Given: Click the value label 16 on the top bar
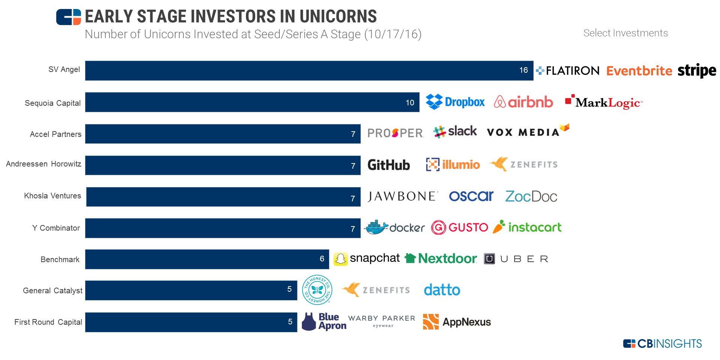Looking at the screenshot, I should pos(523,70).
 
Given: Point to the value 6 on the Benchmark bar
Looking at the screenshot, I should pos(322,259).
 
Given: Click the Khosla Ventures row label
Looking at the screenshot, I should pos(52,196).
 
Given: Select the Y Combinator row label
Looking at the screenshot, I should pos(56,228).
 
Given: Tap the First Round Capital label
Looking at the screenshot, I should pos(48,322).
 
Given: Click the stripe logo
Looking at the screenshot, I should pos(697,70).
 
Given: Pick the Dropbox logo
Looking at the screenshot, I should pos(455,102).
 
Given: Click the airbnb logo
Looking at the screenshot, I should pos(523,102).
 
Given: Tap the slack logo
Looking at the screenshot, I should pos(455,132).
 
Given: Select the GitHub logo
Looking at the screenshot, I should pos(388,165).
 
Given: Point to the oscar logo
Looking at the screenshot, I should pos(471,196).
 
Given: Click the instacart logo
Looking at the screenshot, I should pos(527,227).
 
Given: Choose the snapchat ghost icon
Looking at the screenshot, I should pos(340,259).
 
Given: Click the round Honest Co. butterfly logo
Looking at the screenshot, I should pos(317,289).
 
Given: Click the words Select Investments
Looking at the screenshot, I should pos(625,33).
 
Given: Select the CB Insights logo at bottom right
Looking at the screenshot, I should pos(662,343).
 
